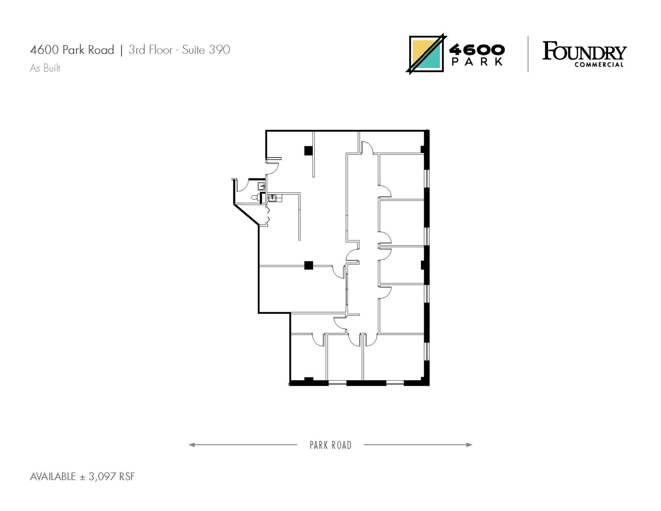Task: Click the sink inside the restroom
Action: coord(261,186)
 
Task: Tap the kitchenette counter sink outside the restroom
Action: coord(272,198)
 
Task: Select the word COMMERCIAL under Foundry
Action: coord(599,65)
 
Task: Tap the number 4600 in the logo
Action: coord(477,50)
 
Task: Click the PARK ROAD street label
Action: coord(330,445)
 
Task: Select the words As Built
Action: coord(45,68)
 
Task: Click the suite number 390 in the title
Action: coord(219,50)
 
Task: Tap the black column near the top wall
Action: coord(309,150)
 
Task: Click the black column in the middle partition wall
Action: coord(309,265)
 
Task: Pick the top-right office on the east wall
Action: coord(401,176)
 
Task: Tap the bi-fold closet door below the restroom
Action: coord(268,216)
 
